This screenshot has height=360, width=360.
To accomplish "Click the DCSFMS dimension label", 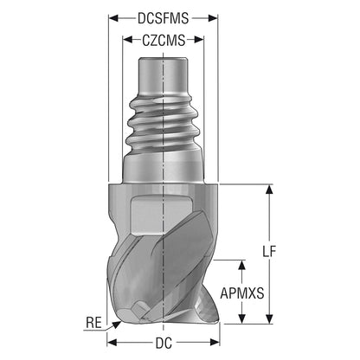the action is pyautogui.click(x=163, y=19).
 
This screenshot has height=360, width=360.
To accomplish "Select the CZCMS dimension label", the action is pyautogui.click(x=164, y=41).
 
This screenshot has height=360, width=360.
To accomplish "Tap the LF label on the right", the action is pyautogui.click(x=269, y=252).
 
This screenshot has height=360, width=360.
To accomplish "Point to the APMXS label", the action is pyautogui.click(x=242, y=293).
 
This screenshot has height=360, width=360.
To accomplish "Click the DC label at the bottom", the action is pyautogui.click(x=164, y=343).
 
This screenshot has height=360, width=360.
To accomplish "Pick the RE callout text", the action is pyautogui.click(x=93, y=323).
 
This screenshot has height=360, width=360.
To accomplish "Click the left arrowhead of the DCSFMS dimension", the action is pyautogui.click(x=113, y=18).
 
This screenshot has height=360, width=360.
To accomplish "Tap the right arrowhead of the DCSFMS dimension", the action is pyautogui.click(x=213, y=18).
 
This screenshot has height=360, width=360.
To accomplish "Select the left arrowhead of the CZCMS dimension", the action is pyautogui.click(x=127, y=40).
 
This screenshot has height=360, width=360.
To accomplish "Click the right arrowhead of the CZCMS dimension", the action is pyautogui.click(x=199, y=40).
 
